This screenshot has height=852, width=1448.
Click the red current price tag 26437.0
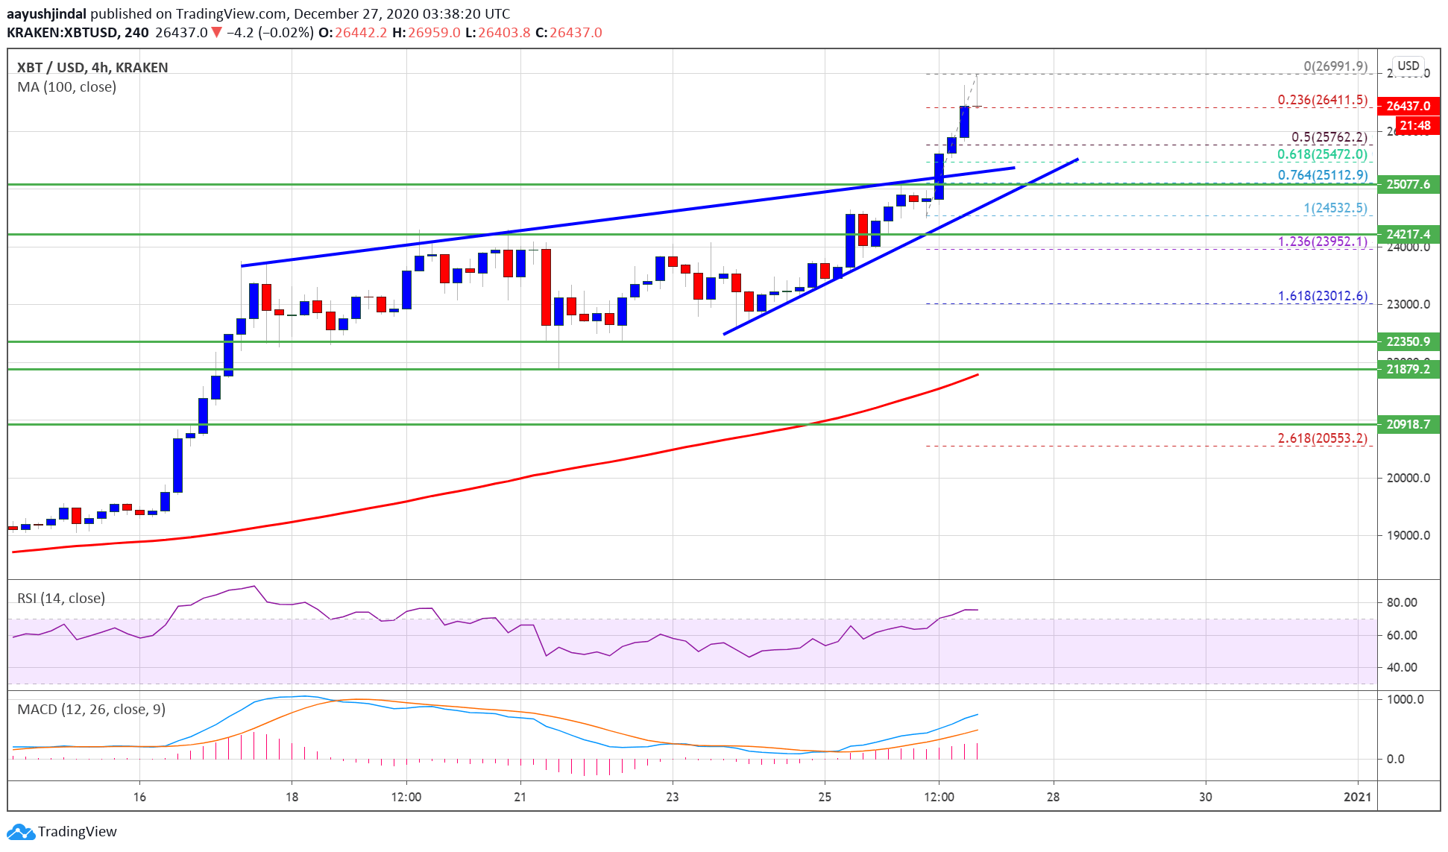[1408, 106]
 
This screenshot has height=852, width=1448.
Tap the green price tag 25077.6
[1408, 184]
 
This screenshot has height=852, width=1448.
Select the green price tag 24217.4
[1408, 234]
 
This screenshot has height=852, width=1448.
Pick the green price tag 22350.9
[1408, 341]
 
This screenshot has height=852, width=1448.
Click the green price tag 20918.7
[1408, 424]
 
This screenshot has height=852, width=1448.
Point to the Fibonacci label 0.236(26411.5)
[1322, 100]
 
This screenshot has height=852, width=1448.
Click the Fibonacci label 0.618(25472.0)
[1322, 154]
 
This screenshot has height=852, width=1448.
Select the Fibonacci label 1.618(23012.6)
[1322, 296]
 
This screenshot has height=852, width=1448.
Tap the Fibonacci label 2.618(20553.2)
[1322, 438]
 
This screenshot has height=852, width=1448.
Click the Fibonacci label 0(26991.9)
[1335, 66]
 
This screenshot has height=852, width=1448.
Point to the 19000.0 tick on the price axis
[1408, 535]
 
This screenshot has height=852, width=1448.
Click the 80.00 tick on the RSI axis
[1402, 602]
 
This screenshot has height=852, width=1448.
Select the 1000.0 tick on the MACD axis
[1405, 699]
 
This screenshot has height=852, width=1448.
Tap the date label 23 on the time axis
[673, 797]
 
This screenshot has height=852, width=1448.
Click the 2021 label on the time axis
[1357, 797]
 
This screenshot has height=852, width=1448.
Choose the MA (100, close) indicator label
[66, 87]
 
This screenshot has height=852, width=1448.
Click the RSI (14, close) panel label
[61, 599]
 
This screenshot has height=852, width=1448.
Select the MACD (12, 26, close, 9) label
[91, 710]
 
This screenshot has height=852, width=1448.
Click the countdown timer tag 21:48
[1414, 125]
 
